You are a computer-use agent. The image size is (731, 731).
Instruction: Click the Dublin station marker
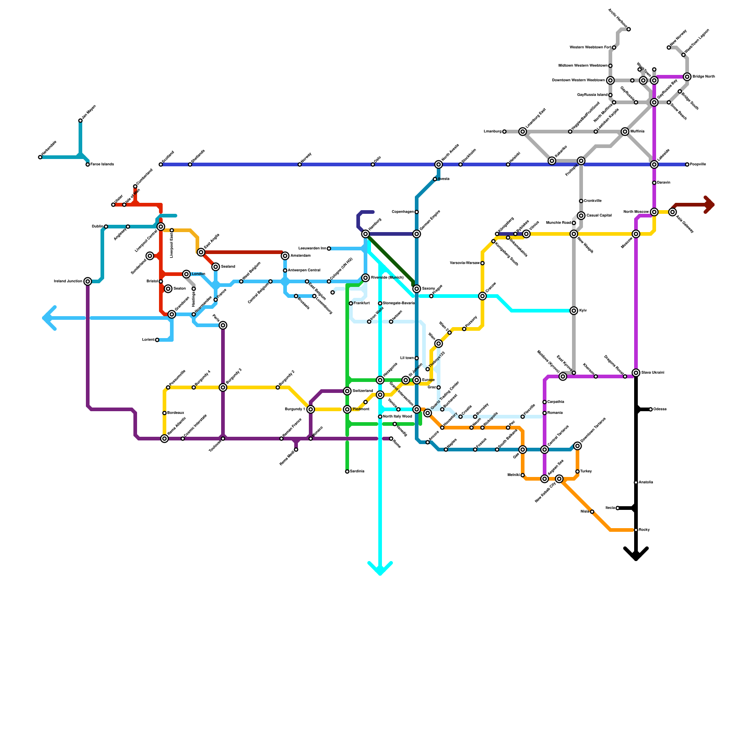click(x=106, y=227)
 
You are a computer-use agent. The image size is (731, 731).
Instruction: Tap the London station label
click(x=198, y=274)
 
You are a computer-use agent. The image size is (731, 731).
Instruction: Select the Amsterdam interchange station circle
click(x=285, y=256)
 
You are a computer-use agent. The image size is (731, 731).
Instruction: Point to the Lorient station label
click(x=148, y=340)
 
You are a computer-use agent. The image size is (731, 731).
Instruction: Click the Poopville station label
click(x=698, y=164)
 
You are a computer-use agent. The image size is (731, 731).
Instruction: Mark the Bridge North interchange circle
click(x=687, y=77)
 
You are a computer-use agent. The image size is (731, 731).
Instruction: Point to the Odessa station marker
click(x=651, y=409)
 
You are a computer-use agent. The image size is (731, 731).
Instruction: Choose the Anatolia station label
click(x=646, y=482)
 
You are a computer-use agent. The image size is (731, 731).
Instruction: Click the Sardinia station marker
click(x=347, y=471)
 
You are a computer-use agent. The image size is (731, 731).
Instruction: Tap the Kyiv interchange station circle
click(x=574, y=311)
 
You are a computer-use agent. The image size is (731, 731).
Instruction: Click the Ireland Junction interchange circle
click(x=88, y=281)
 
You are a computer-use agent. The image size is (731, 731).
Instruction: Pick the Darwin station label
click(x=664, y=183)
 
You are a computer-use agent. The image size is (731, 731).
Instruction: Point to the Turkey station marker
click(x=577, y=471)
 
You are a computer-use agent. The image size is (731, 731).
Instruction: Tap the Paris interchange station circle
click(x=223, y=325)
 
